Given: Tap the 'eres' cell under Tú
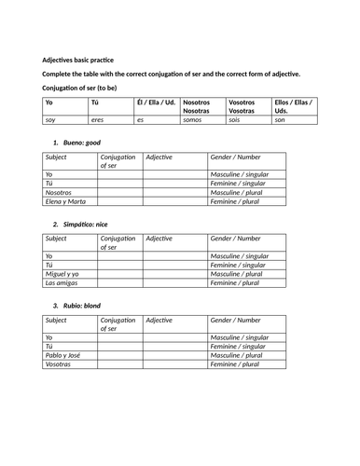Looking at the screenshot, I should (x=98, y=119).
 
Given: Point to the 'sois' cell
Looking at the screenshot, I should (x=237, y=119).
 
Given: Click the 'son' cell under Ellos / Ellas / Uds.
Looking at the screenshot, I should (x=281, y=119).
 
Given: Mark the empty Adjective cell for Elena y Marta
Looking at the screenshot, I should (x=174, y=201).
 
